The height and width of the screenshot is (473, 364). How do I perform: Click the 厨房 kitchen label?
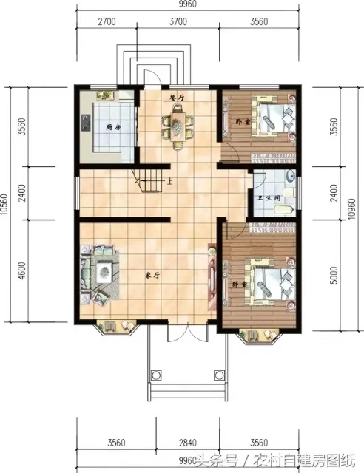[x=113, y=127]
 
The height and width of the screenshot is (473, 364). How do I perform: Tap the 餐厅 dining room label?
[x=177, y=98]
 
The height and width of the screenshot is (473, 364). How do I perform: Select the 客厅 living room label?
[x=153, y=276]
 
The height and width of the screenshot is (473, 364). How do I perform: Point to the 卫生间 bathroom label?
[x=269, y=198]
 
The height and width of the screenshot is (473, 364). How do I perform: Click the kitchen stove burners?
[x=87, y=122]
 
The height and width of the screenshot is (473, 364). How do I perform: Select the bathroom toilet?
[x=283, y=209]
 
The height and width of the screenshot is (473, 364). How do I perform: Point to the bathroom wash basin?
[x=291, y=176]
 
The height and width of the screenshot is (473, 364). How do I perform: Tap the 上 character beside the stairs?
[x=169, y=182]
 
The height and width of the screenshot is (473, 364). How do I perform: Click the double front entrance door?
[x=188, y=333]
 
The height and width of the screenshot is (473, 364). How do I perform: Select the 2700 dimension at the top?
[x=107, y=21]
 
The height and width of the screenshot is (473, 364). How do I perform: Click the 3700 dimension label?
[x=178, y=21]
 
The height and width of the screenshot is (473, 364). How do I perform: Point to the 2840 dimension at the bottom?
[x=188, y=443]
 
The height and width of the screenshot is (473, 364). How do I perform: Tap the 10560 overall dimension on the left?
[x=4, y=205]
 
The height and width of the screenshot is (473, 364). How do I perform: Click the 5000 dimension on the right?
[x=334, y=275]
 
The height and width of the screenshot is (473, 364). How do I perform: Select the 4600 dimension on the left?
[x=21, y=270]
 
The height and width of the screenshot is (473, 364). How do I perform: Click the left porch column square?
[x=156, y=375]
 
